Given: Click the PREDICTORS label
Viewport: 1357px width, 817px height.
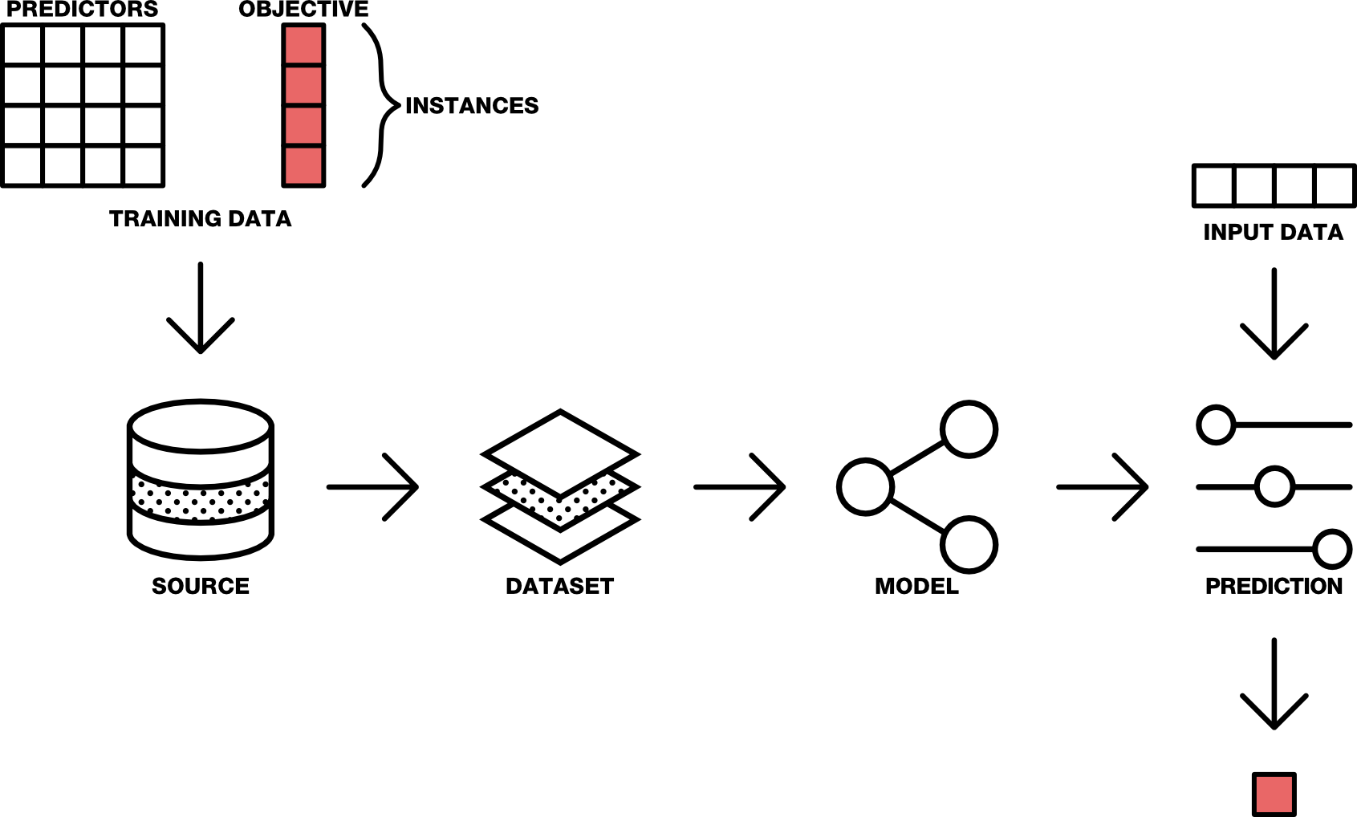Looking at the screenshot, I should tap(83, 10).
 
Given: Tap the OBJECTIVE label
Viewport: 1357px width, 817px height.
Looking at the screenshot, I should tap(303, 10).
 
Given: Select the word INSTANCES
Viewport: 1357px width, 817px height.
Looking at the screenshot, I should tap(472, 106).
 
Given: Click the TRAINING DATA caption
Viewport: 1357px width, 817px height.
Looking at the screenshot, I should tap(200, 219).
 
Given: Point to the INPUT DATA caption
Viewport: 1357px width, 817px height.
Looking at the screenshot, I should tap(1273, 233).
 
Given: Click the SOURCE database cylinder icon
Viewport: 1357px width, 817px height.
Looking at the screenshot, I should tap(201, 479).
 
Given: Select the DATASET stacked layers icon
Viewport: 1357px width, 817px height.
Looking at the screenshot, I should tap(560, 486).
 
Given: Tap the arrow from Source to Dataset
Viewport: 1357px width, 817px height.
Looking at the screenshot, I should tap(373, 487).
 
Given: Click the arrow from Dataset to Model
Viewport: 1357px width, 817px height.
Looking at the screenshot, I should tap(739, 487).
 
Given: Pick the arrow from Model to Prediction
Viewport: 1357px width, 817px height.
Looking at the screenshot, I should tap(1103, 487).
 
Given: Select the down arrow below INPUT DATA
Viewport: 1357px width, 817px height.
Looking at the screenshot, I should tap(1274, 314).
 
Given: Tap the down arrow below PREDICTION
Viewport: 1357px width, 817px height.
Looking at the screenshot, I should tap(1274, 684).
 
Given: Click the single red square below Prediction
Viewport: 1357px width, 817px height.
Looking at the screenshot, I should tap(1274, 795).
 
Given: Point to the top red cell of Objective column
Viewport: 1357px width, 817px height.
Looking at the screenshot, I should tap(303, 45).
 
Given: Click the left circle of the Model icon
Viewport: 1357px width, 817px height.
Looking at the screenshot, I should tap(865, 486).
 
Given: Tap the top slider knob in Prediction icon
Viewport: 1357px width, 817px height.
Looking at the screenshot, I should tap(1216, 425).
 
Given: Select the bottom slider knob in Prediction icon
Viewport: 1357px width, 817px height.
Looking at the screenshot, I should tap(1332, 549).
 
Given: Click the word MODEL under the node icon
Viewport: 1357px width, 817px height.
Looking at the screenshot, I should tap(916, 587).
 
